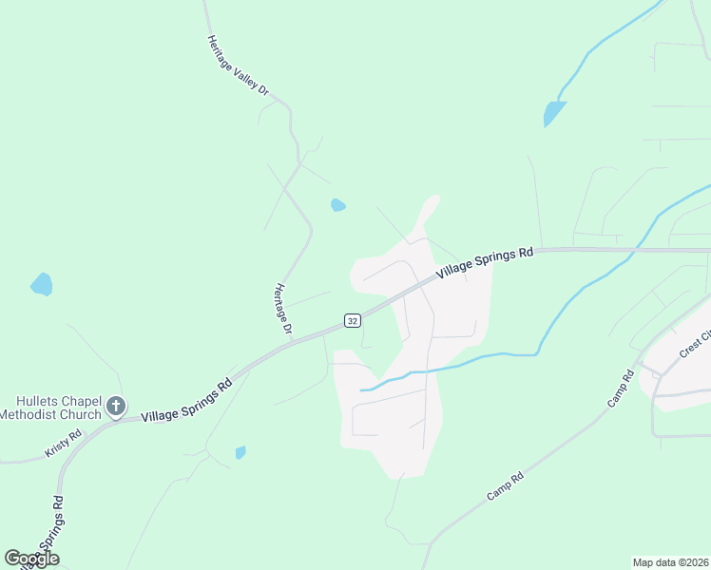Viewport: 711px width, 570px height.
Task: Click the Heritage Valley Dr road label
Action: coord(239,66)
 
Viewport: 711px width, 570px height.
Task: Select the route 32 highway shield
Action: coord(352,321)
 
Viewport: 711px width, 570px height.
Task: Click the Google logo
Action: coord(31,559)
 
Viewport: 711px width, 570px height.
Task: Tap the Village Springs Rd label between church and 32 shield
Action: coord(186,402)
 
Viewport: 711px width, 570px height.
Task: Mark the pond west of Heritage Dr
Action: coord(41,283)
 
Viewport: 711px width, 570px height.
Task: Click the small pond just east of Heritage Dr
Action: coord(337,204)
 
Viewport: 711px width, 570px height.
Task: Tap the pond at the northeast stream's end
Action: coord(554,113)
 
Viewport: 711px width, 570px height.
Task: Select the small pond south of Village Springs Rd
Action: coord(240,452)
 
